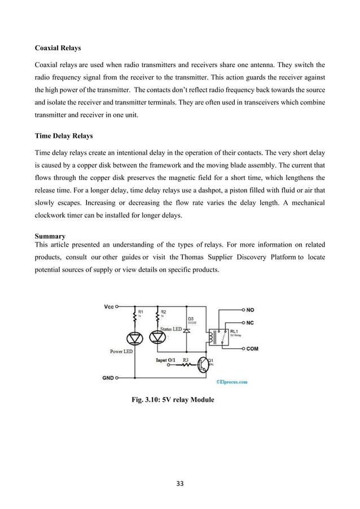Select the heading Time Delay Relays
click(63, 136)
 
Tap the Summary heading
click(50, 236)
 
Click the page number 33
click(180, 483)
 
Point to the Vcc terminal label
click(109, 307)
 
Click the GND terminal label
click(108, 378)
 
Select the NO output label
click(251, 310)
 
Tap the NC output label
click(251, 323)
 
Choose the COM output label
click(252, 349)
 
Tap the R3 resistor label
click(186, 359)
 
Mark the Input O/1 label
click(167, 359)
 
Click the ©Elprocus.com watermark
click(229, 381)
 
